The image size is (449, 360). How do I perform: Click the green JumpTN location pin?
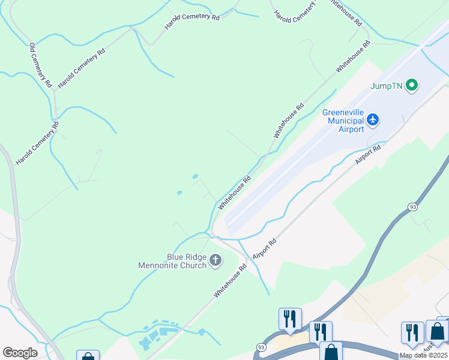coord(411,86)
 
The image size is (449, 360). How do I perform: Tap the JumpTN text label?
coord(387,86)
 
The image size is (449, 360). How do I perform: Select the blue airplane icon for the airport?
coord(373,120)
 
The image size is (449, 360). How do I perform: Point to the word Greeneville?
coord(343,112)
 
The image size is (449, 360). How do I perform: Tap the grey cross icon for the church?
coord(215,260)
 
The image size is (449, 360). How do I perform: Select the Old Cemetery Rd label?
coord(41,64)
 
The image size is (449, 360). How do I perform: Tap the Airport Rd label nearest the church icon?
coord(264,248)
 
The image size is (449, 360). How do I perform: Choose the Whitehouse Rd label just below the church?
coord(231,281)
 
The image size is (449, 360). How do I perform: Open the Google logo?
coord(20,353)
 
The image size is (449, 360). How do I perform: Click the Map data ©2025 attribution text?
coord(423,355)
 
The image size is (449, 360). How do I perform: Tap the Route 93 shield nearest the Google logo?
coord(261,347)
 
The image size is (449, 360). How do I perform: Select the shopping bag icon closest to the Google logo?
coord(88,356)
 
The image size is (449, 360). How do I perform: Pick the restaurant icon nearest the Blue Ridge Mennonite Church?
coord(290,318)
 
